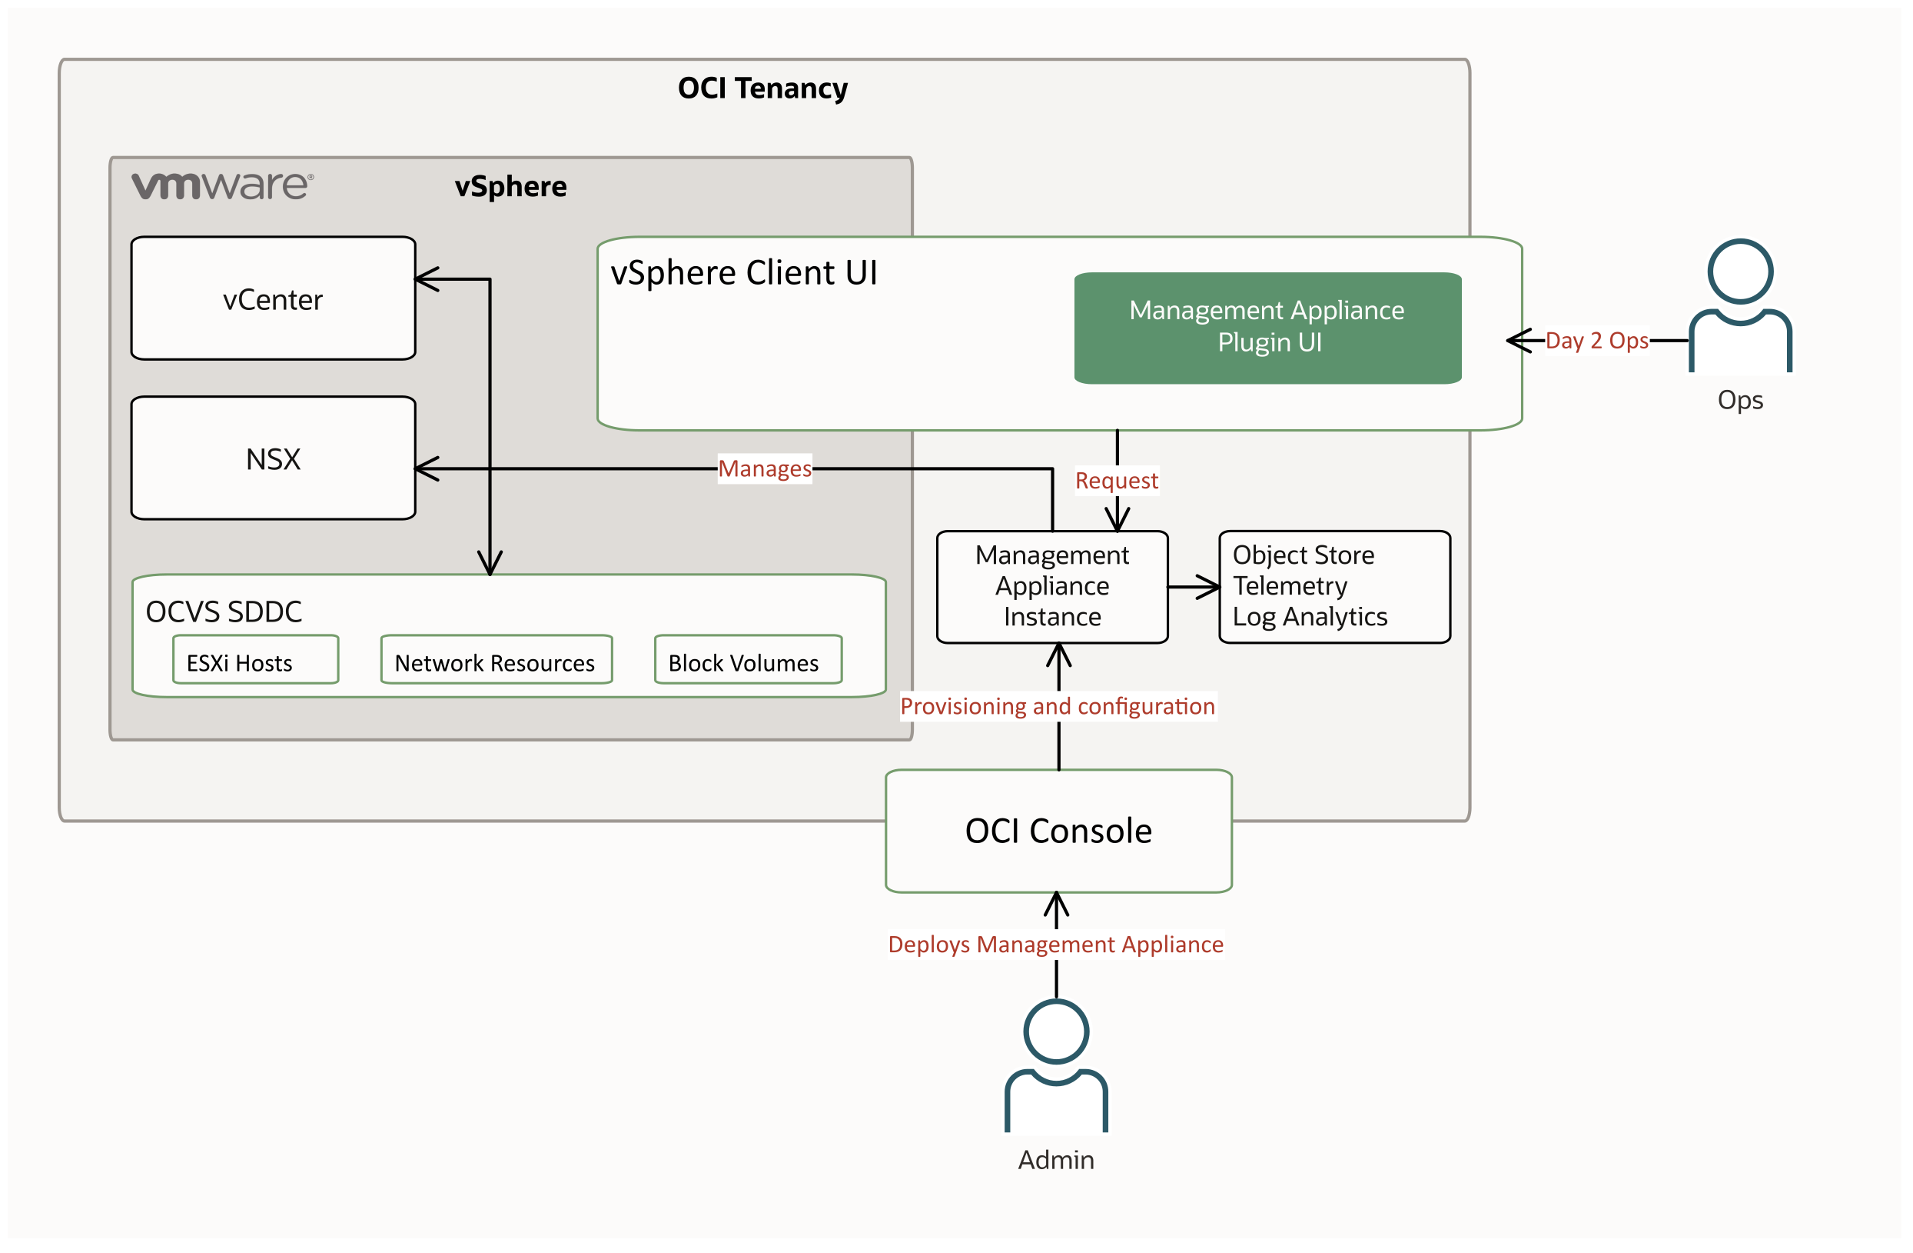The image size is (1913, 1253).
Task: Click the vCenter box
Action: [x=274, y=299]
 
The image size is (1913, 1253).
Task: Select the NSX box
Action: [x=274, y=459]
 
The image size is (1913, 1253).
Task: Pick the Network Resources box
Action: [x=496, y=662]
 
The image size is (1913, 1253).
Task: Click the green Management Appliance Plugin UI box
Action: [x=1267, y=328]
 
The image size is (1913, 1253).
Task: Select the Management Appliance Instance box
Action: [x=1052, y=587]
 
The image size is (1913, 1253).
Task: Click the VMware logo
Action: [x=223, y=186]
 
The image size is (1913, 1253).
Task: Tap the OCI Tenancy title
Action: [x=762, y=88]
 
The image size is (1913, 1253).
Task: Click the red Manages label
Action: [x=765, y=469]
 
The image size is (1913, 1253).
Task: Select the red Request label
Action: [x=1117, y=481]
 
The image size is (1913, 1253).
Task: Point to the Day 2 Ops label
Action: [x=1596, y=341]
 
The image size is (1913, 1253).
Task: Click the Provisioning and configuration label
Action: [x=1057, y=707]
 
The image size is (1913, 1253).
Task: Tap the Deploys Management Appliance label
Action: [x=1055, y=945]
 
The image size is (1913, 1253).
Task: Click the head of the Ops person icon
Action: [x=1739, y=271]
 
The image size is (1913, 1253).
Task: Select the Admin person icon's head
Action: [x=1055, y=1031]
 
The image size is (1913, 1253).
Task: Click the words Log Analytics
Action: [x=1310, y=617]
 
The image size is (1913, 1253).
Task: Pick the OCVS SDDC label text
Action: [x=224, y=612]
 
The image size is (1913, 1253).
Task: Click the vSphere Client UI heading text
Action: [x=743, y=272]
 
